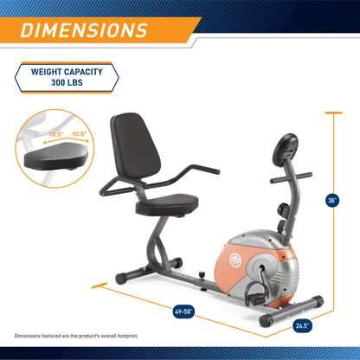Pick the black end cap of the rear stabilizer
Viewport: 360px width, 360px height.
pyautogui.click(x=120, y=278)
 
